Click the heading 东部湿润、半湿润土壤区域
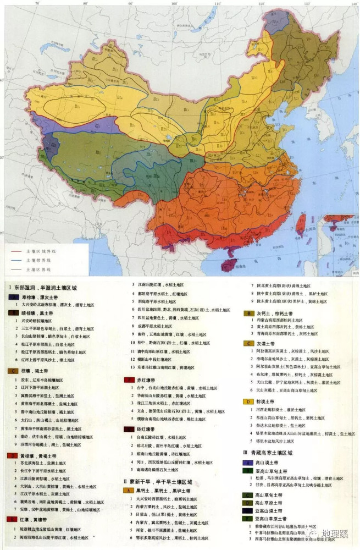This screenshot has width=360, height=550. pyautogui.click(x=47, y=288)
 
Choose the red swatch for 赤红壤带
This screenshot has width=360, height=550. pyautogui.click(x=127, y=380)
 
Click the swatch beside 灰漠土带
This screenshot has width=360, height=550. pyautogui.click(x=247, y=343)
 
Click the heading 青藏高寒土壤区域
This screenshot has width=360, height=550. pyautogui.click(x=273, y=452)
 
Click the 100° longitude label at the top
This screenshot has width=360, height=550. pyautogui.click(x=173, y=4)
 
